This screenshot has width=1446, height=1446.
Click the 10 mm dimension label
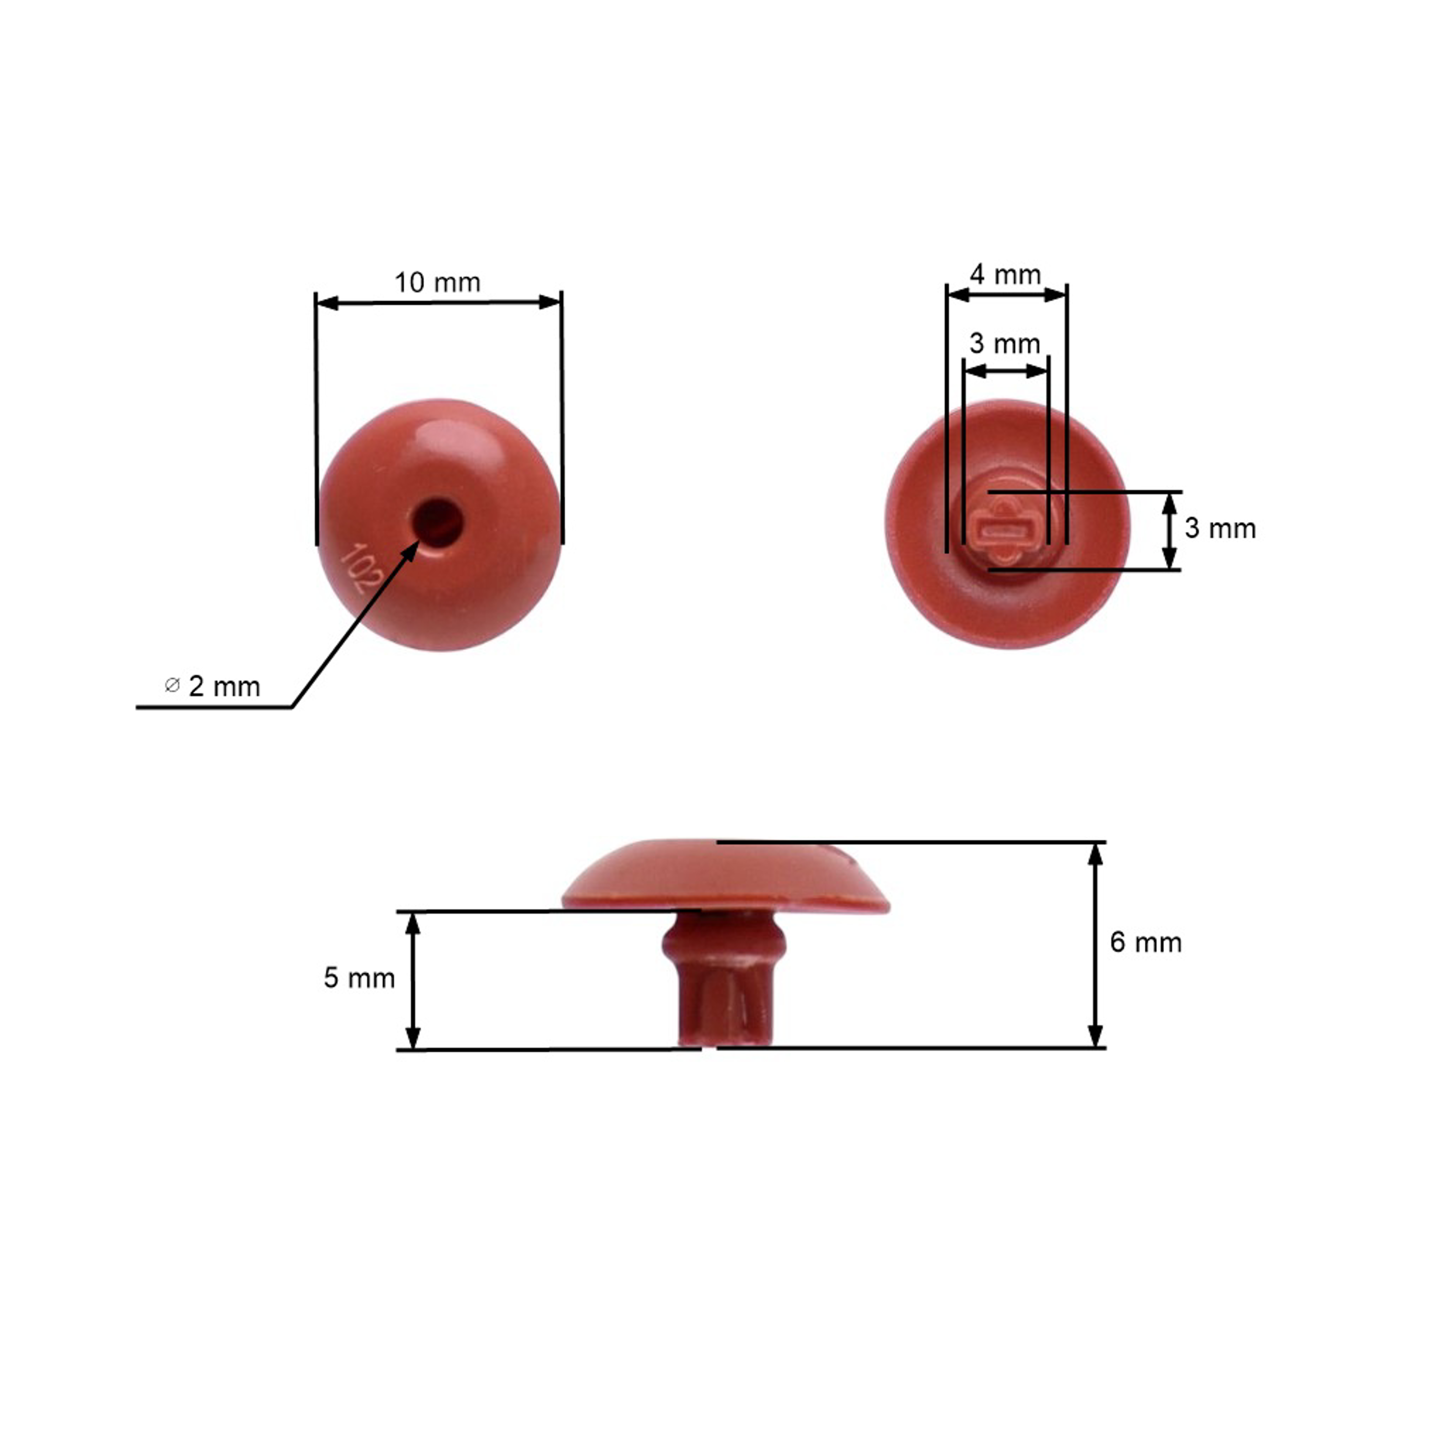437,283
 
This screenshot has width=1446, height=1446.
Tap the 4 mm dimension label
1005,275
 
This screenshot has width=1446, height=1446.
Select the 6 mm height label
1145,942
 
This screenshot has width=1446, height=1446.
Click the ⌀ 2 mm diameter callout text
213,686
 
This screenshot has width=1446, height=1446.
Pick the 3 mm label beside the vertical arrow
1220,528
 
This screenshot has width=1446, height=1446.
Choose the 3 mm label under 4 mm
1004,344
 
